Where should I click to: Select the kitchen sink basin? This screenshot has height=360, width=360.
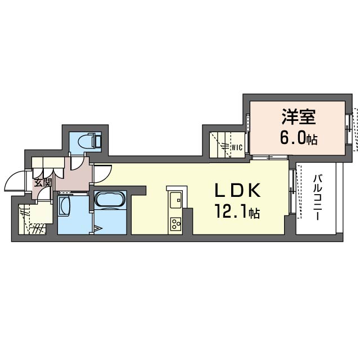pyautogui.click(x=175, y=200)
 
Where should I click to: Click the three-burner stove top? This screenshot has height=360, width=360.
pyautogui.click(x=175, y=224)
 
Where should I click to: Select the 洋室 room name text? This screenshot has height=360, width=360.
pyautogui.click(x=299, y=116)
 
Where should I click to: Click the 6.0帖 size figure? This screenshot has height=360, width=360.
pyautogui.click(x=299, y=137)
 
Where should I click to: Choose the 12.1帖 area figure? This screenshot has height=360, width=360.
pyautogui.click(x=237, y=212)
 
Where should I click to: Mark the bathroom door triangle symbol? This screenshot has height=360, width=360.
pyautogui.click(x=97, y=228)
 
